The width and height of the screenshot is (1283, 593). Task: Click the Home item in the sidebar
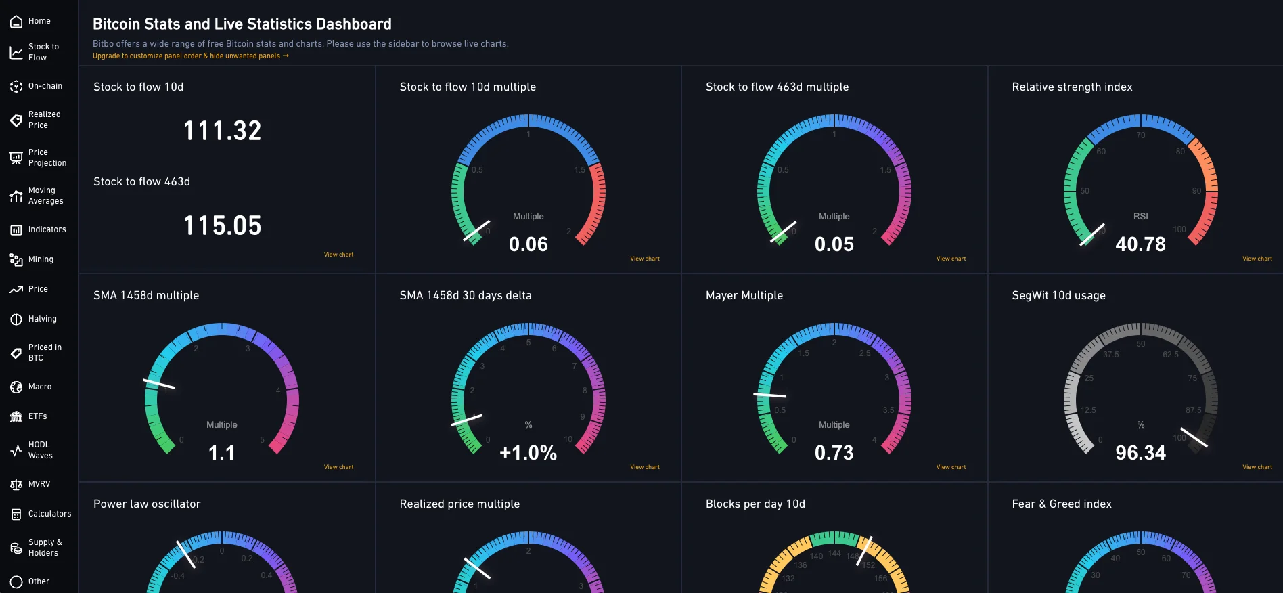coord(30,22)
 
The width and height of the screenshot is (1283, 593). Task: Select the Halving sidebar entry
coord(33,319)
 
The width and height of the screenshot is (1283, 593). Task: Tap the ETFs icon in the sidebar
coord(16,416)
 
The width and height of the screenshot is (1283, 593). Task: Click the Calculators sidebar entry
coord(41,514)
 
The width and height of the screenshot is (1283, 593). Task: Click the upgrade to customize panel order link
coord(190,56)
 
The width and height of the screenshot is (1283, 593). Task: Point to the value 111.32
coord(222,131)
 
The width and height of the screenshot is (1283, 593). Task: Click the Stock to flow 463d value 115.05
coord(222,225)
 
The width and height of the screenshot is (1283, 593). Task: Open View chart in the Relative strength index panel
coord(1257,259)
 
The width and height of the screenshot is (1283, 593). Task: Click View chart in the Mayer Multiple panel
coord(951,467)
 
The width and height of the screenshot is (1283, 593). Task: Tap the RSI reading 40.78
coord(1140,244)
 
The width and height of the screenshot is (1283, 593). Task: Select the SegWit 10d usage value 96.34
coord(1140,453)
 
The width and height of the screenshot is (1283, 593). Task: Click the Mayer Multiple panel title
coord(744,295)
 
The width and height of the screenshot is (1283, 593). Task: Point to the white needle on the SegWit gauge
coord(1194,437)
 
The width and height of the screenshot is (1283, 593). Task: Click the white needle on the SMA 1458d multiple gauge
coord(159,384)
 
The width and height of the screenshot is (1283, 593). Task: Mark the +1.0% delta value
coord(528,453)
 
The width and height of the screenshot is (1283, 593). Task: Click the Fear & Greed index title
coord(1061,504)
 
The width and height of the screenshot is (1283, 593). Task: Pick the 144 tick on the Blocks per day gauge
coord(834,554)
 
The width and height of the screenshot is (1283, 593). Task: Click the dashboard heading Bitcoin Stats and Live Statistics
coord(242,24)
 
